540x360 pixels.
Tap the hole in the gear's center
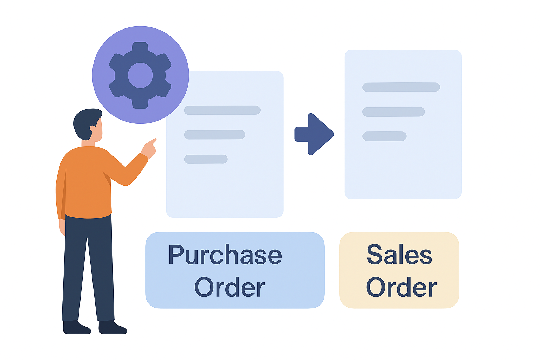click(140, 75)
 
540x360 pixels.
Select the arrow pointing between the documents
click(314, 134)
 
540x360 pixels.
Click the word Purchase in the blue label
click(225, 255)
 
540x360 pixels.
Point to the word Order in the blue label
click(230, 287)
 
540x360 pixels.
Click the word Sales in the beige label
click(399, 255)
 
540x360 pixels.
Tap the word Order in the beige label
click(401, 287)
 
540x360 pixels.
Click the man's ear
click(93, 128)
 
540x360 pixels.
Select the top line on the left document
click(222, 110)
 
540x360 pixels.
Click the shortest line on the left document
click(206, 159)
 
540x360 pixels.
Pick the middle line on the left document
click(214, 135)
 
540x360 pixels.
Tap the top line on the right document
click(401, 87)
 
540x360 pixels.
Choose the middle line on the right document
click(394, 112)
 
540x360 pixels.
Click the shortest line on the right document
click(385, 136)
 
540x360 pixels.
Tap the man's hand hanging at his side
click(62, 227)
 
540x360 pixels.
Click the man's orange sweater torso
click(86, 183)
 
